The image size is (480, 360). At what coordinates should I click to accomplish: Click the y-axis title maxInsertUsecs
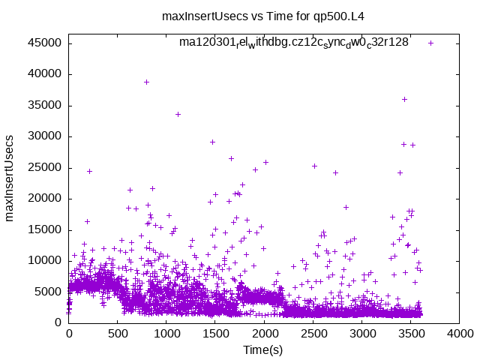tap(10, 178)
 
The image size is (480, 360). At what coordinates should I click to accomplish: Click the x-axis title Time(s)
tap(263, 350)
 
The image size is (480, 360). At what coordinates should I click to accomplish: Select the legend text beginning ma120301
tap(293, 42)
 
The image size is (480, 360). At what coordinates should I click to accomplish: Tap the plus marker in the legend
tap(430, 43)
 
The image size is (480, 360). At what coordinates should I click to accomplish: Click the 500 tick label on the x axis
tap(118, 334)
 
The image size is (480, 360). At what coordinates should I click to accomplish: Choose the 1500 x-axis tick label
tap(215, 334)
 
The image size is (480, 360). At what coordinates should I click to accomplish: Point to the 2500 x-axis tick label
tap(313, 334)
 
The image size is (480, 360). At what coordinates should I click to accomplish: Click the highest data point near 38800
tap(146, 82)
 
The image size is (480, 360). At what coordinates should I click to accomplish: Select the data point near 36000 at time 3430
tap(404, 99)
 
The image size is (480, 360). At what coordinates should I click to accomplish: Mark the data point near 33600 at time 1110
tap(178, 114)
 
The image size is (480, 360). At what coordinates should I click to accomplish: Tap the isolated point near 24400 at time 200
tap(89, 171)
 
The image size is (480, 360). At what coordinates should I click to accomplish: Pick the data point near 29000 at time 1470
tap(212, 142)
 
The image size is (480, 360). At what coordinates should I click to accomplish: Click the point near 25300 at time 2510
tap(314, 166)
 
